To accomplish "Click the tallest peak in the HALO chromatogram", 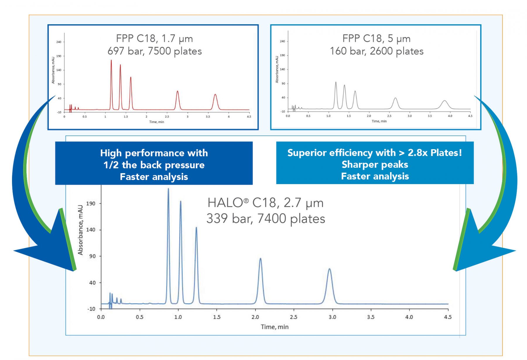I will pyautogui.click(x=168, y=190).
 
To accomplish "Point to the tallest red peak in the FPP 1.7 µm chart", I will pyautogui.click(x=111, y=61).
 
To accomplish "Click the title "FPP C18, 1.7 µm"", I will pyautogui.click(x=154, y=38).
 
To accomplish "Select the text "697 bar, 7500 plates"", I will pyautogui.click(x=155, y=51).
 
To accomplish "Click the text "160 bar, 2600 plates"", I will pyautogui.click(x=377, y=51).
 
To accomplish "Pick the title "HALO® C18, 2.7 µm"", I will pyautogui.click(x=265, y=203).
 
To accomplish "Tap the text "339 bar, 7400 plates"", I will pyautogui.click(x=266, y=218).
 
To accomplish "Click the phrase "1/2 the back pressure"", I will pyautogui.click(x=154, y=165).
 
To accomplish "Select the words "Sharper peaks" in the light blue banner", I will pyautogui.click(x=375, y=164).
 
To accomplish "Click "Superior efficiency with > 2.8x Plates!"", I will pyautogui.click(x=375, y=152).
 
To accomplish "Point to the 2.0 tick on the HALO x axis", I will pyautogui.click(x=255, y=317).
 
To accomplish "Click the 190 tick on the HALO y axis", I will pyautogui.click(x=91, y=203).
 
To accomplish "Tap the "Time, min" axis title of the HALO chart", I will pyautogui.click(x=275, y=327).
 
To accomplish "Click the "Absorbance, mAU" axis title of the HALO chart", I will pyautogui.click(x=80, y=230).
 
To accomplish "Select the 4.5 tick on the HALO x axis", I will pyautogui.click(x=448, y=317).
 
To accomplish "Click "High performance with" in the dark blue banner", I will pyautogui.click(x=154, y=153).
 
